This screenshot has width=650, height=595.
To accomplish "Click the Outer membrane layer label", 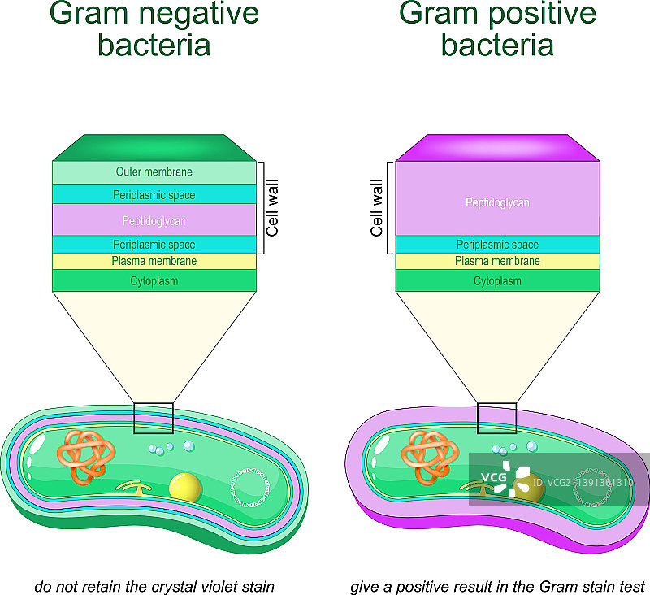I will tap(154, 172).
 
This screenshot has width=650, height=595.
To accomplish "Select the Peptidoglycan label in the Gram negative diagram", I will tap(154, 220).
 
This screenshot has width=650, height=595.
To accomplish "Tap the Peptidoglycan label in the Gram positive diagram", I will tap(497, 202).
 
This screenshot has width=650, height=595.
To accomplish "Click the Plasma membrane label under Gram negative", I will tap(154, 261).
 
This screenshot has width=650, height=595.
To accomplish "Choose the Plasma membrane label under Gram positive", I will tap(497, 261).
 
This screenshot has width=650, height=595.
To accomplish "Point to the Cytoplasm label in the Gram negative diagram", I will tap(154, 281).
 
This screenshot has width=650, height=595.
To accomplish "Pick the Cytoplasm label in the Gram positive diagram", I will tap(497, 281).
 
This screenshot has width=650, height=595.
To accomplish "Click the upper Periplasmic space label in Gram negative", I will tap(154, 195).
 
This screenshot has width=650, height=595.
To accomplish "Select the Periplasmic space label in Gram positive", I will tap(497, 245).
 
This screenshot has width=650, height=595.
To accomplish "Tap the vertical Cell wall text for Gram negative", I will tap(273, 209).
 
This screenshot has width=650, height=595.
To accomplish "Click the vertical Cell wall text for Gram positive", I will tap(376, 209).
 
